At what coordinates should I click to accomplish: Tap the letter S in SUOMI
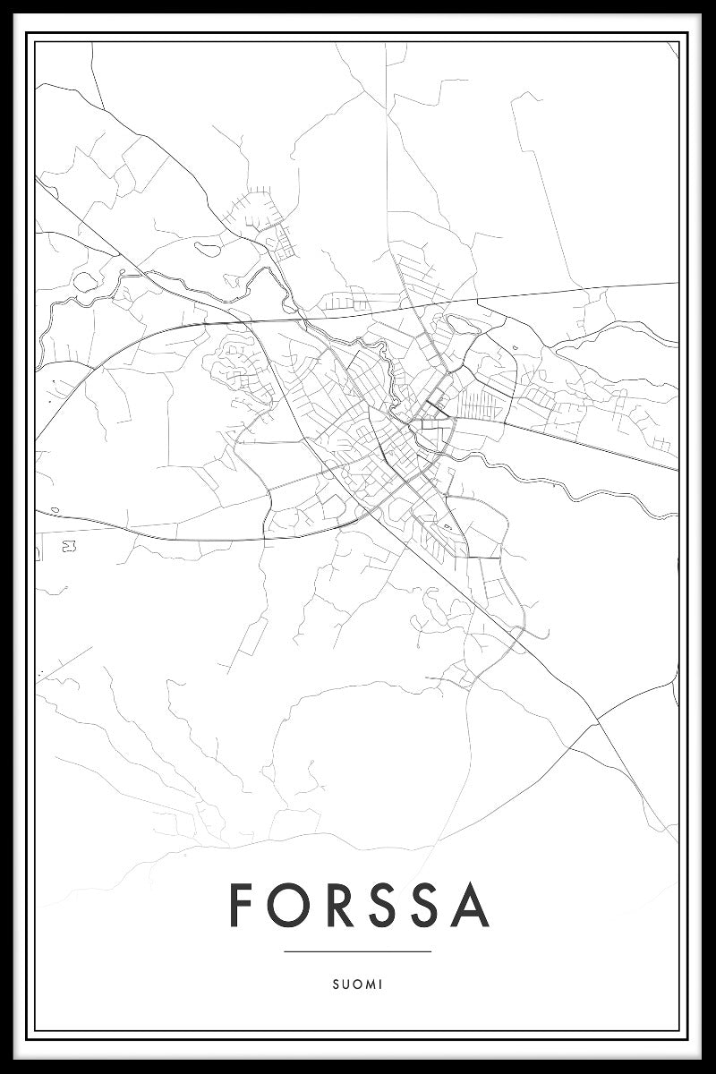[335, 984]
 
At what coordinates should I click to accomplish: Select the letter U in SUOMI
[345, 984]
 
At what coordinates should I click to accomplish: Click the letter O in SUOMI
[357, 984]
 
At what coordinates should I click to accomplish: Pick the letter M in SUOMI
[370, 984]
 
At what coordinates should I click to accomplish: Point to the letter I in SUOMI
[380, 984]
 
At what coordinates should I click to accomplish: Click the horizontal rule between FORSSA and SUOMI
[358, 951]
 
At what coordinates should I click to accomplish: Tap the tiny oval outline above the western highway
[55, 510]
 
